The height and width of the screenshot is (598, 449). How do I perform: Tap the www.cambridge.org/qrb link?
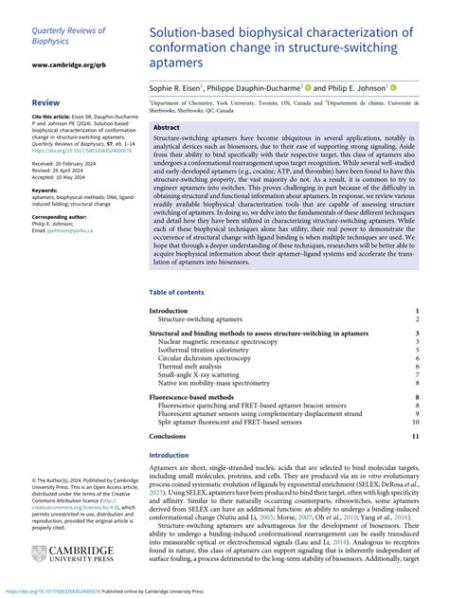66,65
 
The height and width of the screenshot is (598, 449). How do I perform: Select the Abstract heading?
167,127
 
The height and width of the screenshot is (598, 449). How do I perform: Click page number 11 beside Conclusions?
414,435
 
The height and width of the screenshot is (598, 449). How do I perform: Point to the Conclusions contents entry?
168,435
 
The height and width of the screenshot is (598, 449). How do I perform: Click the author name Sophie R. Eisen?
179,85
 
